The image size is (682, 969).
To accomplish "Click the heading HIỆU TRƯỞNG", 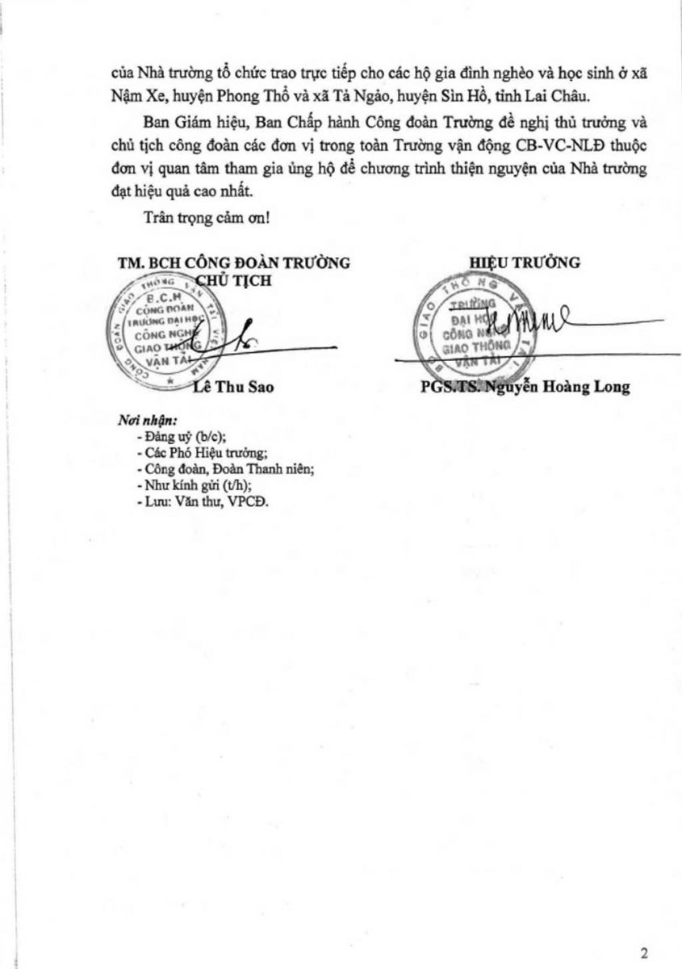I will (525, 262).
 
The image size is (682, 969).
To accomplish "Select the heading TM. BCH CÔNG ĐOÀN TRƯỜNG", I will (232, 262).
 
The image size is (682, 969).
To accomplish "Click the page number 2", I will (643, 952).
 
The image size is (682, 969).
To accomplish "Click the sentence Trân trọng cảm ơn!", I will (206, 216).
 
